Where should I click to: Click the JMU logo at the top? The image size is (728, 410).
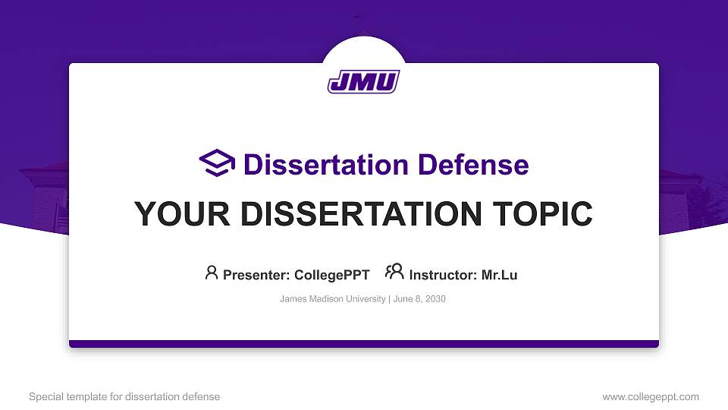point(363,81)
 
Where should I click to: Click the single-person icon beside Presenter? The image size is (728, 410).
point(212,273)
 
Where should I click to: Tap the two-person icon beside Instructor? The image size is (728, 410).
point(394,272)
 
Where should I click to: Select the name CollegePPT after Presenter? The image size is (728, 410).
point(332,275)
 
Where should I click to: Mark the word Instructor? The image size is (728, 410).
point(443,275)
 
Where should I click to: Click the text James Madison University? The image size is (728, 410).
point(332,299)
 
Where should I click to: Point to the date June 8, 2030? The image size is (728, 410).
point(419,299)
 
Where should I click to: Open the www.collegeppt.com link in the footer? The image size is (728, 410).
point(651,396)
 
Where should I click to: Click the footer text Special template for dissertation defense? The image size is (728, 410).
point(124,396)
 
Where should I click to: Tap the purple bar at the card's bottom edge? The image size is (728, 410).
point(363,344)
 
